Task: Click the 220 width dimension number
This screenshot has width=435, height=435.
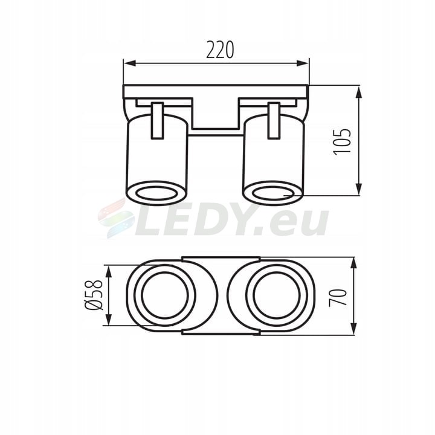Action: tap(220, 50)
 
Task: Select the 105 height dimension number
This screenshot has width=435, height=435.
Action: tap(342, 141)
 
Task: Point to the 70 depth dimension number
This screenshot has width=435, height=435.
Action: tap(338, 297)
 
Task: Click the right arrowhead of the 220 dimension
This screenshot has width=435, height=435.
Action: tap(303, 63)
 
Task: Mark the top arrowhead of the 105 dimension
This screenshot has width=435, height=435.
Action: tap(359, 92)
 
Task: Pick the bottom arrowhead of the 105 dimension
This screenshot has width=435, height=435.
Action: tap(359, 188)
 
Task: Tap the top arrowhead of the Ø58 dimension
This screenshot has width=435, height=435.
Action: tap(109, 271)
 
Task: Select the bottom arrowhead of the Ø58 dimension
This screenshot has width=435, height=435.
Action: tap(109, 319)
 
